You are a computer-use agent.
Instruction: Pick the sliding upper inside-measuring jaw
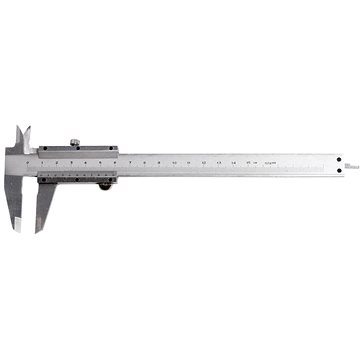tap(28, 136)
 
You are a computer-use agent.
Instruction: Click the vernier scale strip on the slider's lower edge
tap(77, 170)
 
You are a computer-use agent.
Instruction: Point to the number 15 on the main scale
tap(247, 159)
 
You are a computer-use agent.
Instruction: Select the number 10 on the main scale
tap(175, 159)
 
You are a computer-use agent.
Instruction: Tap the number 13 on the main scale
tap(218, 159)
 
